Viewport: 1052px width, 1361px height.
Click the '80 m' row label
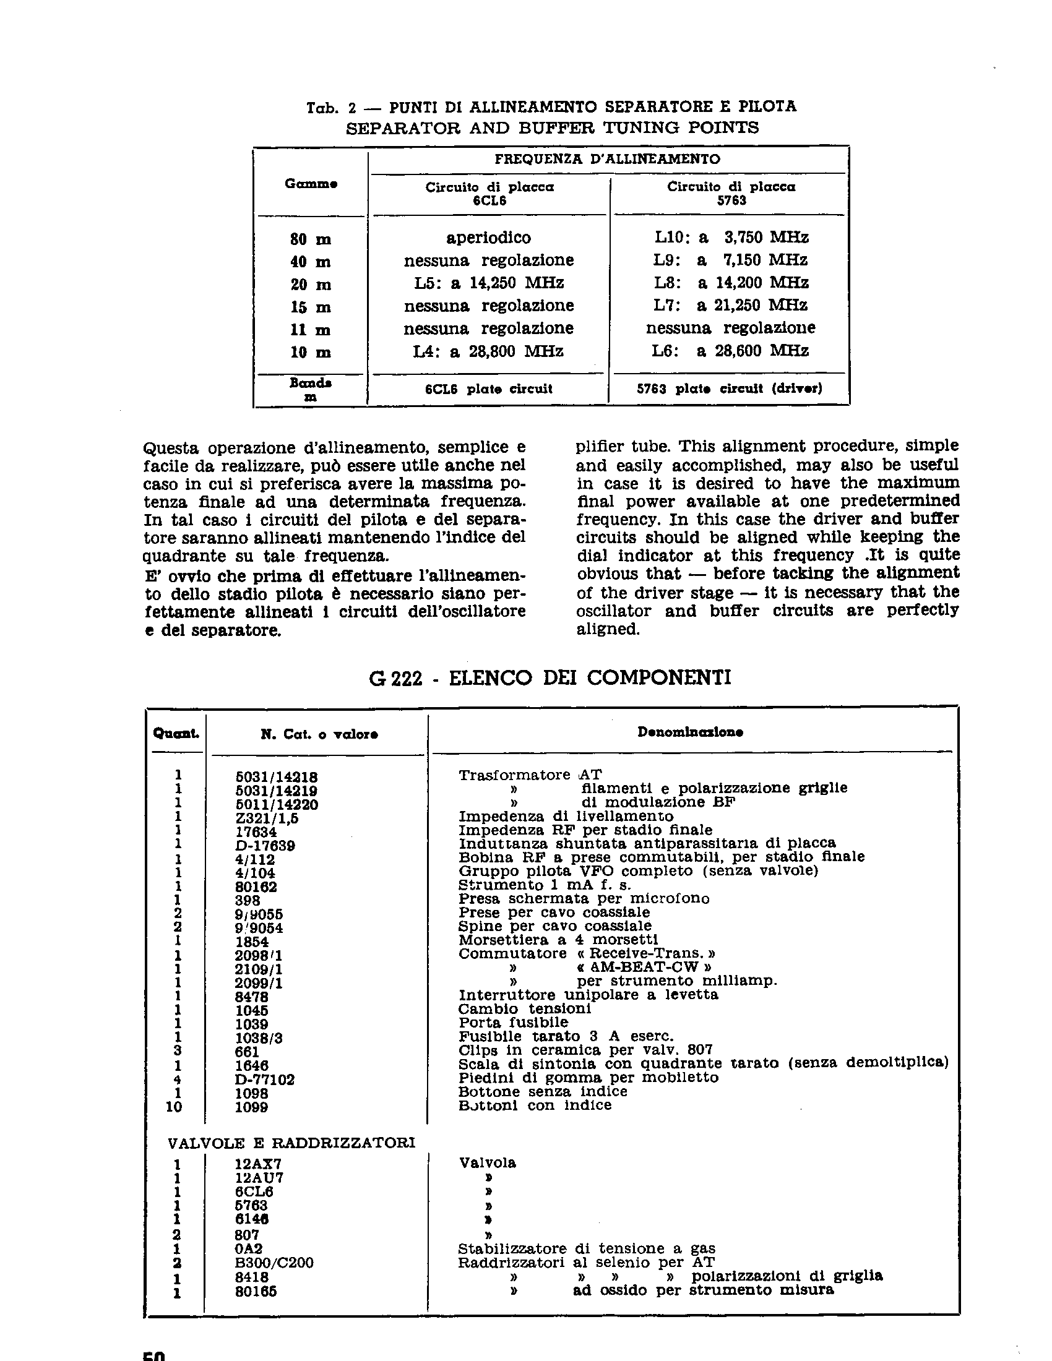coord(311,239)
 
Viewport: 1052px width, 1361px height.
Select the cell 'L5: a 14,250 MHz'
coord(489,283)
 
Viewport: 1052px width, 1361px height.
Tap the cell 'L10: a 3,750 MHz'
coord(731,238)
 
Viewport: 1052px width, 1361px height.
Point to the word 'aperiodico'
coord(489,238)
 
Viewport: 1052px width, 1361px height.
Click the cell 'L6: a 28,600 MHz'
coord(730,351)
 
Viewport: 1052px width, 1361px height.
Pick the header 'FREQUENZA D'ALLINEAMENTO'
coord(607,159)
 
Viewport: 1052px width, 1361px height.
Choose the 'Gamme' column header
coord(311,184)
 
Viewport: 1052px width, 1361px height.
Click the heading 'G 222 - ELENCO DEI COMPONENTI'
coord(550,677)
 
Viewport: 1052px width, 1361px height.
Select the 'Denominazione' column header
coord(690,732)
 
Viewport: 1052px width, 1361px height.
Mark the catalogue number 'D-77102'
coord(264,1080)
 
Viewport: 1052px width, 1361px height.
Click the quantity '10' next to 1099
coord(174,1107)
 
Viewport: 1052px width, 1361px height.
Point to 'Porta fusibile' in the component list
coord(514,1023)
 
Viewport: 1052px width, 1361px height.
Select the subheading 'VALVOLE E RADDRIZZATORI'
coord(291,1142)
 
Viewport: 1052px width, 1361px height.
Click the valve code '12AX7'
coord(255,1164)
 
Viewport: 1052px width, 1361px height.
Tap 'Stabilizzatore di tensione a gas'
coord(587,1249)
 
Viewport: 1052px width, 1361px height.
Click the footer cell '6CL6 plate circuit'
coord(489,389)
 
